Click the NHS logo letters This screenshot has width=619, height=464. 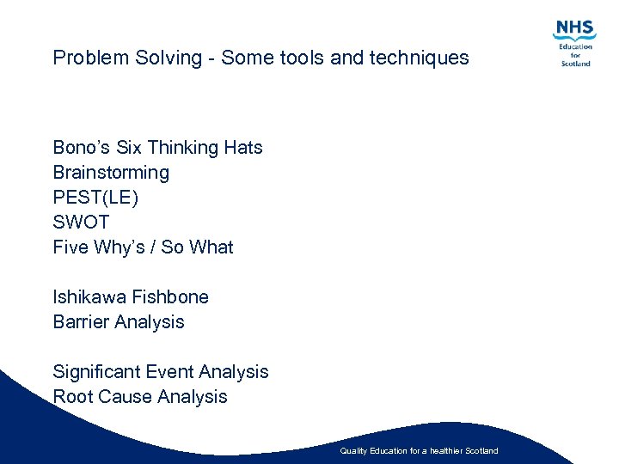575,29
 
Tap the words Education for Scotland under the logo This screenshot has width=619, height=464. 575,54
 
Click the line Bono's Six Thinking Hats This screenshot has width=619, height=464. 157,148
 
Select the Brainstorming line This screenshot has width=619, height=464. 111,173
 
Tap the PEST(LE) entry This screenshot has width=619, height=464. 95,198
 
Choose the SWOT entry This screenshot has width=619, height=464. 81,223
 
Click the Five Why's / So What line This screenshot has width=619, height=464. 143,247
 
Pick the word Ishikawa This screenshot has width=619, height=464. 89,297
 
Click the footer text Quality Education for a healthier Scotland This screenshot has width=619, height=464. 419,451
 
